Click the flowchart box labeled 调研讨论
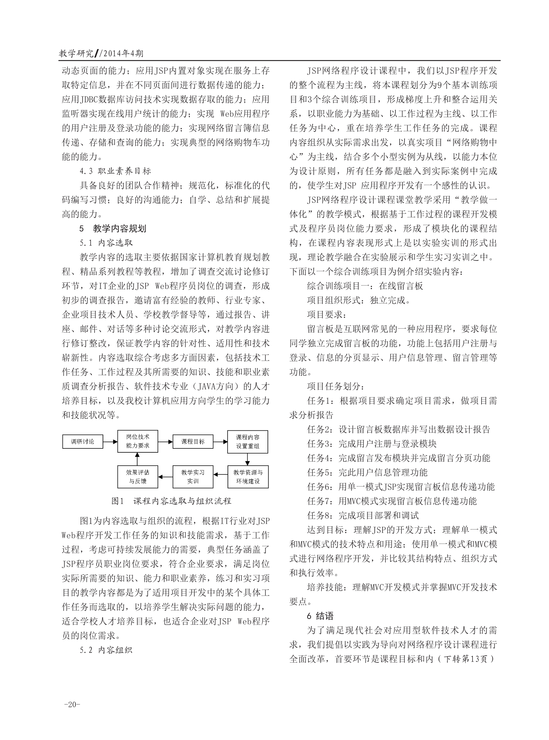point(83,441)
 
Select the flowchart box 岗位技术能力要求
point(137,441)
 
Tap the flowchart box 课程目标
point(193,441)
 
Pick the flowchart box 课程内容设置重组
point(248,441)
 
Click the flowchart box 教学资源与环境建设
point(248,477)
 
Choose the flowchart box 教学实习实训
point(193,477)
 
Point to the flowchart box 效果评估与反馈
point(137,477)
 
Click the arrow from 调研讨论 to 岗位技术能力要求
point(110,442)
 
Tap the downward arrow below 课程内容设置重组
point(248,459)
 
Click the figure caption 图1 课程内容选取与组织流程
point(171,501)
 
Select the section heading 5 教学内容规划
point(113,229)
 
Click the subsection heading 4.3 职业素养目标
point(115,171)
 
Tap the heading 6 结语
point(320,616)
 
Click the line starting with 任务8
point(363,516)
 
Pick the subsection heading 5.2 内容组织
point(106,650)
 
